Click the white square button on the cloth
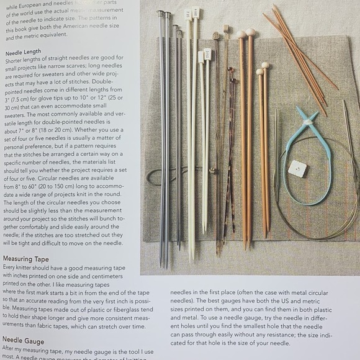pyautogui.click(x=298, y=168)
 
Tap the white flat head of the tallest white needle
pyautogui.click(x=196, y=12)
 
